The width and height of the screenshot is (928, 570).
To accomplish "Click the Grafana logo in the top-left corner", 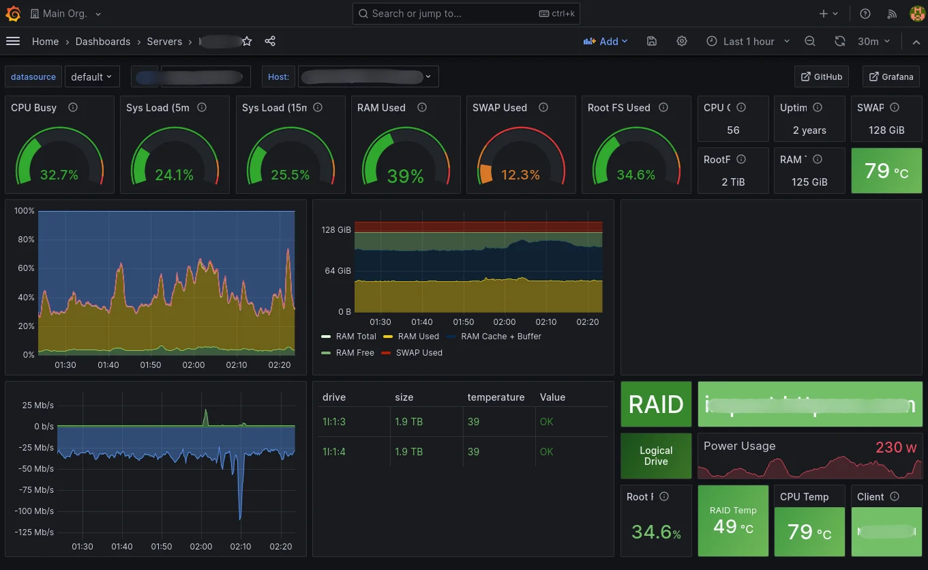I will tap(14, 14).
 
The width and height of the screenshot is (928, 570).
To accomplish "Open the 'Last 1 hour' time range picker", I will tap(748, 42).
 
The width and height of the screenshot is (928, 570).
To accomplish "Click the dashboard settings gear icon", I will tap(682, 42).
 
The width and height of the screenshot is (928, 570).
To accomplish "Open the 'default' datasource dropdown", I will tap(92, 77).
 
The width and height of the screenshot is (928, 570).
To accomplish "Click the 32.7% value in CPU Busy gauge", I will tap(59, 175).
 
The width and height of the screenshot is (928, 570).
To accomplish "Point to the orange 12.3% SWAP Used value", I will tap(520, 175).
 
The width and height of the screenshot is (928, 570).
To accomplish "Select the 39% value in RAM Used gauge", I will tap(405, 176).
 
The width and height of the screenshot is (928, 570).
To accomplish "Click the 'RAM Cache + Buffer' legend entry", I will tap(500, 337).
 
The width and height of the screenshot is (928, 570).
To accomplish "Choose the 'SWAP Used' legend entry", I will tap(419, 353).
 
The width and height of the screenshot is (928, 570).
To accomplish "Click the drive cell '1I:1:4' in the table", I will tap(334, 452).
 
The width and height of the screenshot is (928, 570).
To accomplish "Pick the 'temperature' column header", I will tap(496, 397).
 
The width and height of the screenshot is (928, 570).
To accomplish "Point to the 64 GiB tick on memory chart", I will tap(338, 271).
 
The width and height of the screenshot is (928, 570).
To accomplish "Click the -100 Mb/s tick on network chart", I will tap(34, 511).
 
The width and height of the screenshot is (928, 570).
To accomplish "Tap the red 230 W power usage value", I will tap(896, 448).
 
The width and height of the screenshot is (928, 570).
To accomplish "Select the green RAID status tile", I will tap(656, 404).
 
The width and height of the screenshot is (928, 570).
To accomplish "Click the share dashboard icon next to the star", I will tap(270, 42).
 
